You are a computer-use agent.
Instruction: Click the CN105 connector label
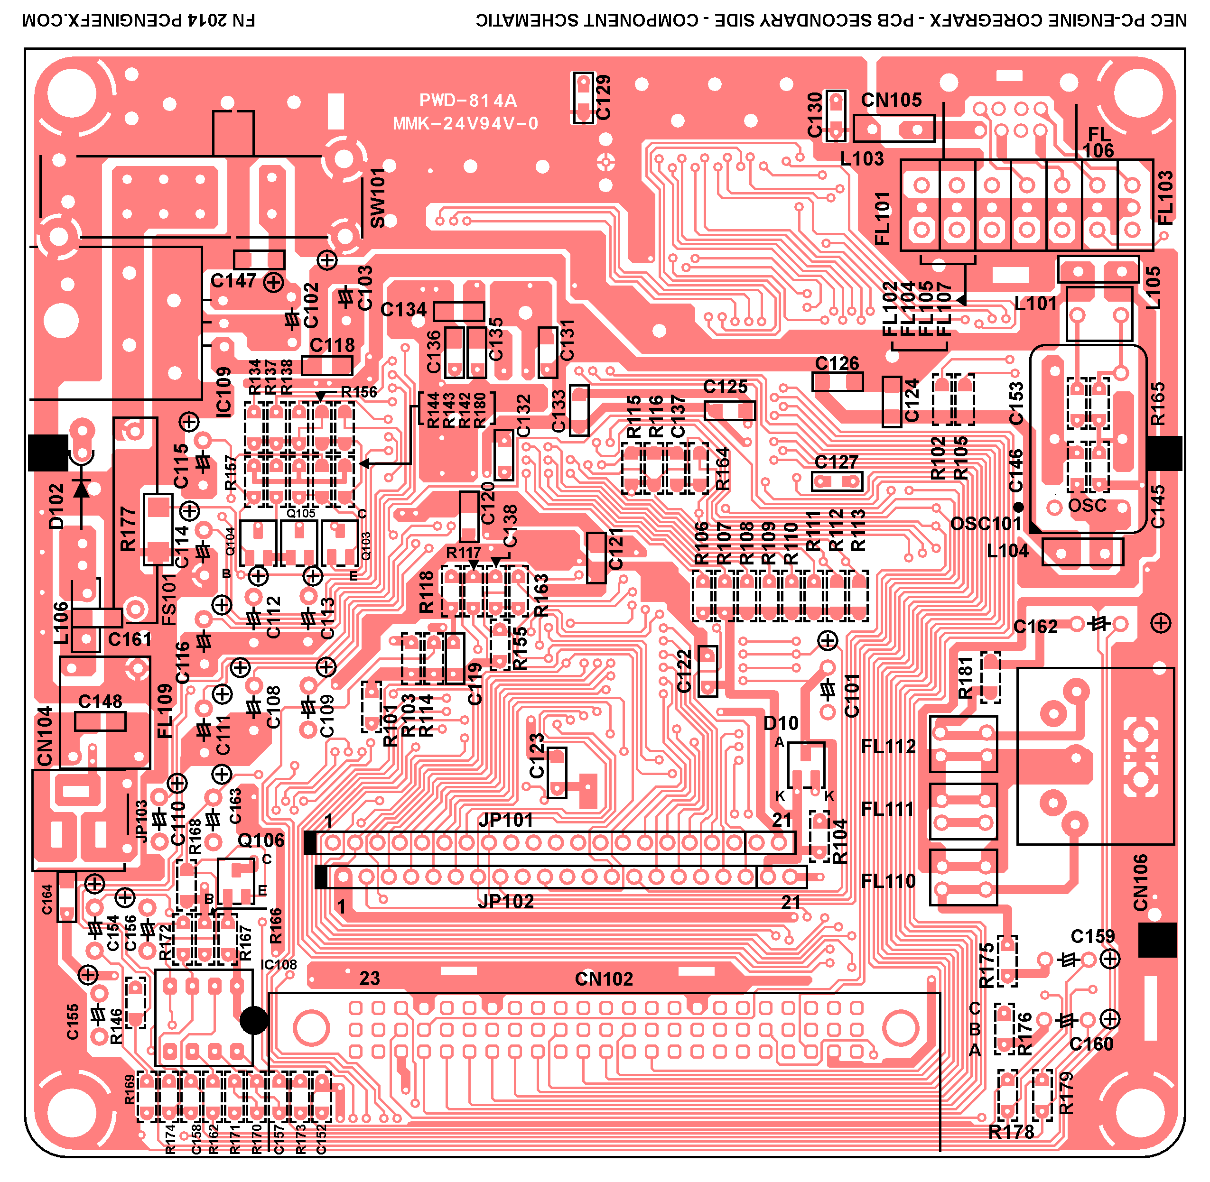point(891,100)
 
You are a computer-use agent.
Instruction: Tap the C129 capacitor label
point(603,97)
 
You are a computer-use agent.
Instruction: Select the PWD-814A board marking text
point(468,101)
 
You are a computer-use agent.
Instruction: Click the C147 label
point(233,281)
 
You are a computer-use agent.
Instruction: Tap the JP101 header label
point(506,820)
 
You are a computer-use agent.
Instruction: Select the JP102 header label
point(506,901)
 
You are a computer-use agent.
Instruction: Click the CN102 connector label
point(604,979)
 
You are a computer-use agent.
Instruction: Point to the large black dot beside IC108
point(253,1020)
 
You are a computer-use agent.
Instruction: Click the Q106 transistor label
point(261,840)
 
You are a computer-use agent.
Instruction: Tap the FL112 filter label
point(888,746)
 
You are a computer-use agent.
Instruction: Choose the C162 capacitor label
point(1035,627)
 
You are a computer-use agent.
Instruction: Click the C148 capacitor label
point(100,702)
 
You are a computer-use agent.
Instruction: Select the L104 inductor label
point(1007,551)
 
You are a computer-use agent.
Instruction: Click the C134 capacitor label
point(403,309)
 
